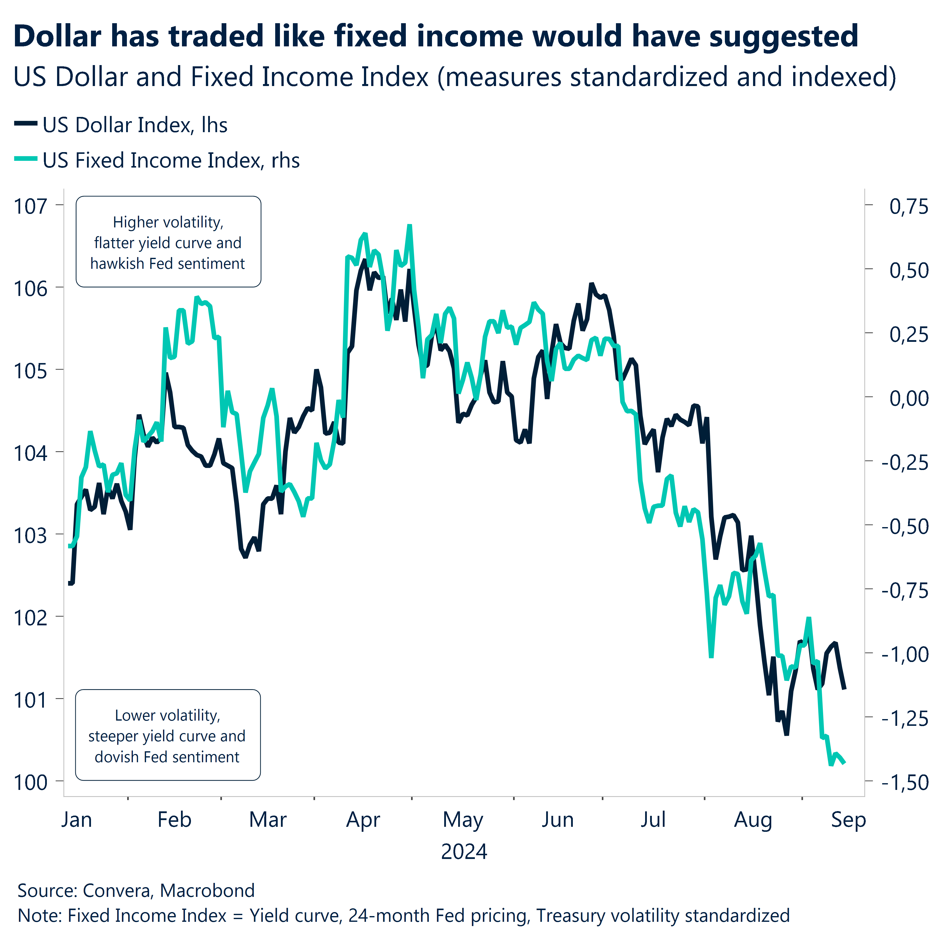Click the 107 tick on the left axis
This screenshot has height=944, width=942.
[30, 206]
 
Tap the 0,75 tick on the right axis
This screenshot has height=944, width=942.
[908, 206]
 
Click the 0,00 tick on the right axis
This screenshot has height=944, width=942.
[908, 398]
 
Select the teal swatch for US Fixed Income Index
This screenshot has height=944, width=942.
[25, 159]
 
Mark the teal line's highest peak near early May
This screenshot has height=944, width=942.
[410, 226]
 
